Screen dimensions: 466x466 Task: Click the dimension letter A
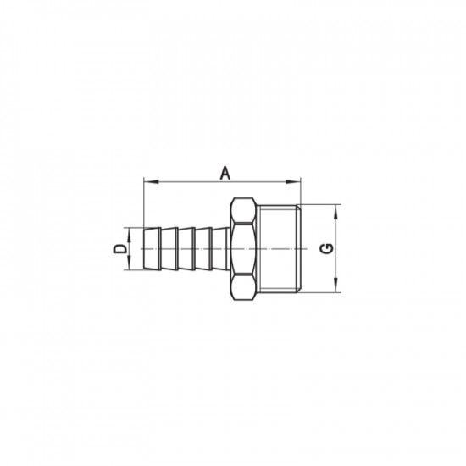coord(225,172)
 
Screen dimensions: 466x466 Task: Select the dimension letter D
coord(119,248)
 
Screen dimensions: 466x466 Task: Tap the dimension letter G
coord(326,248)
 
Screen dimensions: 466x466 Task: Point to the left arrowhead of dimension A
coord(149,180)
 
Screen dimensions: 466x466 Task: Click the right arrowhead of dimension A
coord(297,180)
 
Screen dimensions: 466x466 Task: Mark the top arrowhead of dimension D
coord(129,231)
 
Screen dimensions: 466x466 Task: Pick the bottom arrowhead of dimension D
coord(129,265)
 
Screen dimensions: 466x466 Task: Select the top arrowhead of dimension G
coord(337,208)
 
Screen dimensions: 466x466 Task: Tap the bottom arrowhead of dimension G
coord(337,288)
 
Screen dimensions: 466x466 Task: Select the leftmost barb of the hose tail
coord(153,248)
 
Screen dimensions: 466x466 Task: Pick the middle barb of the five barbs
coord(186,248)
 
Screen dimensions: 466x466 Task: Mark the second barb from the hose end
coord(169,248)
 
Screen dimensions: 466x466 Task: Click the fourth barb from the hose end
coord(202,248)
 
